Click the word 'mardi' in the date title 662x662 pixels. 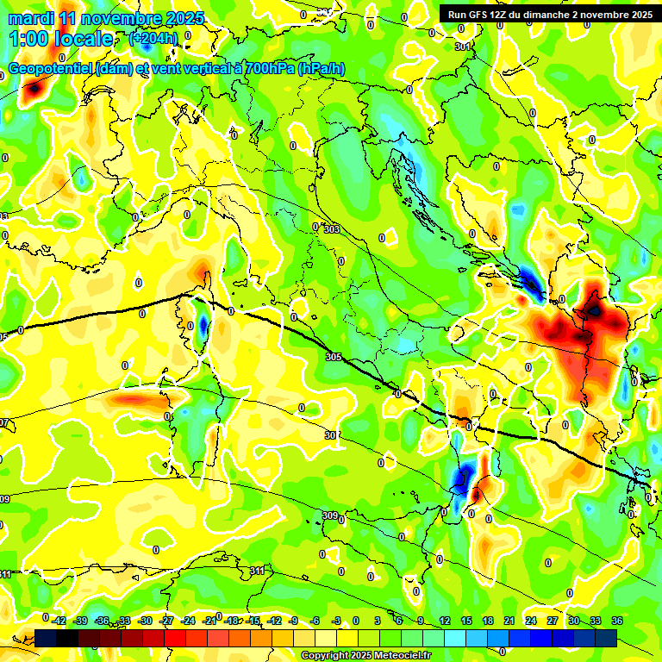(30, 18)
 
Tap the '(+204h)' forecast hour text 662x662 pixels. (155, 38)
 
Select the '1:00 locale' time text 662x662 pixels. (61, 39)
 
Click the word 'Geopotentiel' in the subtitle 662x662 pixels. (49, 69)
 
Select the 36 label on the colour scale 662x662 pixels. (617, 621)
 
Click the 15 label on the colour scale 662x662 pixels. (466, 621)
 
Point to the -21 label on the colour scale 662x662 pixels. (209, 621)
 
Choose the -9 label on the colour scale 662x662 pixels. (293, 621)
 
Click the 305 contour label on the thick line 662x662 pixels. (334, 356)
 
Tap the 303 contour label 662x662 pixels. (331, 229)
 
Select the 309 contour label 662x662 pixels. (330, 515)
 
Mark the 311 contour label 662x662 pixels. (257, 571)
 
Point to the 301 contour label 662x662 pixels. (463, 46)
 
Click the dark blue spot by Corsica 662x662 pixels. (203, 326)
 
